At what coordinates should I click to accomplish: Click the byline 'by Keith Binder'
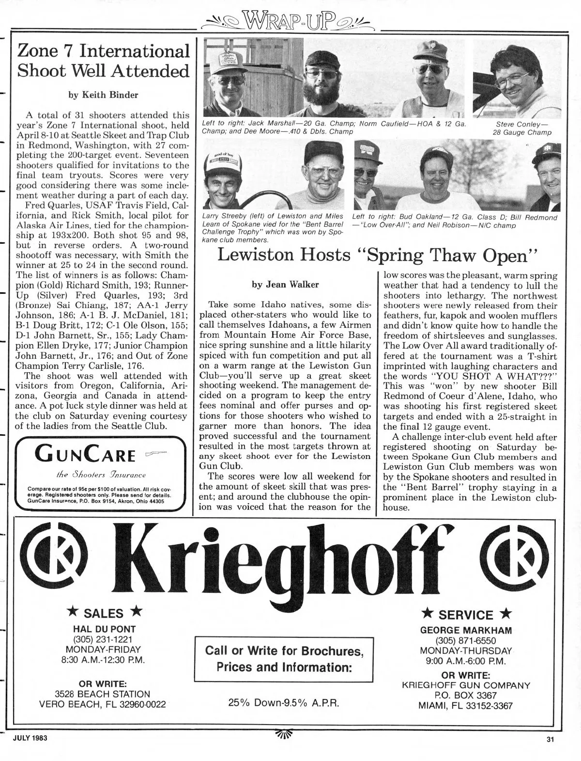tap(103, 95)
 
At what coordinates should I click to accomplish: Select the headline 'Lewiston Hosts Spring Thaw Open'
tap(378, 255)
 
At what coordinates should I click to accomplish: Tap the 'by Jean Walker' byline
tap(285, 285)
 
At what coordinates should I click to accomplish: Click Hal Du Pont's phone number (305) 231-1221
tap(104, 639)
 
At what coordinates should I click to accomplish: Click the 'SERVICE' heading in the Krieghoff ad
tap(466, 615)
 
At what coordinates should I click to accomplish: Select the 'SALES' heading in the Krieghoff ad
tap(104, 613)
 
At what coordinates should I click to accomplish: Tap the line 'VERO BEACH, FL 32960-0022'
tap(103, 704)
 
